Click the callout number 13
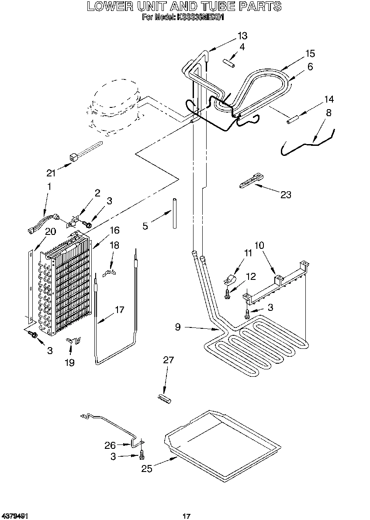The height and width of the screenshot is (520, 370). tap(242, 36)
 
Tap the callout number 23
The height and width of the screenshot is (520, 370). tap(286, 195)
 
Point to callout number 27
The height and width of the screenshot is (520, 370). tap(168, 360)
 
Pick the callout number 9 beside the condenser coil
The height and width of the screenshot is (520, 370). tap(178, 326)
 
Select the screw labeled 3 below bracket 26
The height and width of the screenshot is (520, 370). tap(142, 456)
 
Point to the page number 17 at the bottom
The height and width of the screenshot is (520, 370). tap(187, 516)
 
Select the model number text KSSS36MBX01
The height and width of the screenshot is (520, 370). tap(201, 17)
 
